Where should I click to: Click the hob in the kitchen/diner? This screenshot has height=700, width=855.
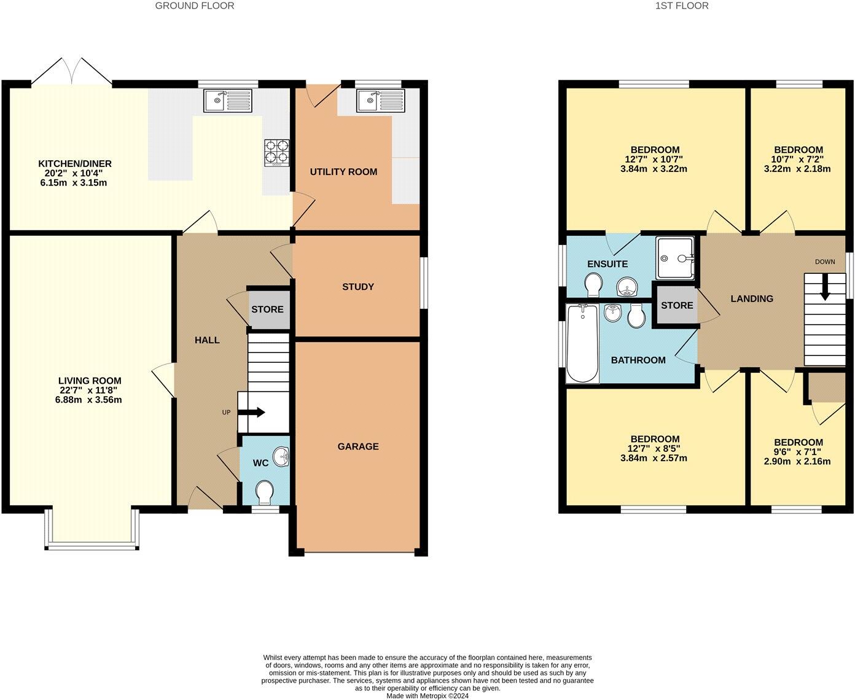[277, 153]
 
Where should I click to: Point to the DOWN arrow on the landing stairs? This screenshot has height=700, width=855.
[824, 289]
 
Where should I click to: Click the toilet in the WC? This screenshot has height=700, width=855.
[265, 491]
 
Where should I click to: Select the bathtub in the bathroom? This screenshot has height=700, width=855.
[582, 343]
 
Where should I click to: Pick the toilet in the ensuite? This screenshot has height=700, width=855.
[593, 285]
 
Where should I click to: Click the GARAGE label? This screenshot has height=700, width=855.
[357, 446]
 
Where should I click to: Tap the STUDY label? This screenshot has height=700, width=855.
[357, 287]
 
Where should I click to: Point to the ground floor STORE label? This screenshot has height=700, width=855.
[267, 309]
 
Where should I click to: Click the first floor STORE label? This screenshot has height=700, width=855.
[677, 305]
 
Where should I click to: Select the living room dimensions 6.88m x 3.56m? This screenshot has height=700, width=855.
[90, 400]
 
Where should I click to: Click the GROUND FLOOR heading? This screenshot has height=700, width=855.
[194, 6]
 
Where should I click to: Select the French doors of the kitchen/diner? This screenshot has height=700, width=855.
[72, 72]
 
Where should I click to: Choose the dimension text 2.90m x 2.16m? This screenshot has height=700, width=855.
[798, 461]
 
